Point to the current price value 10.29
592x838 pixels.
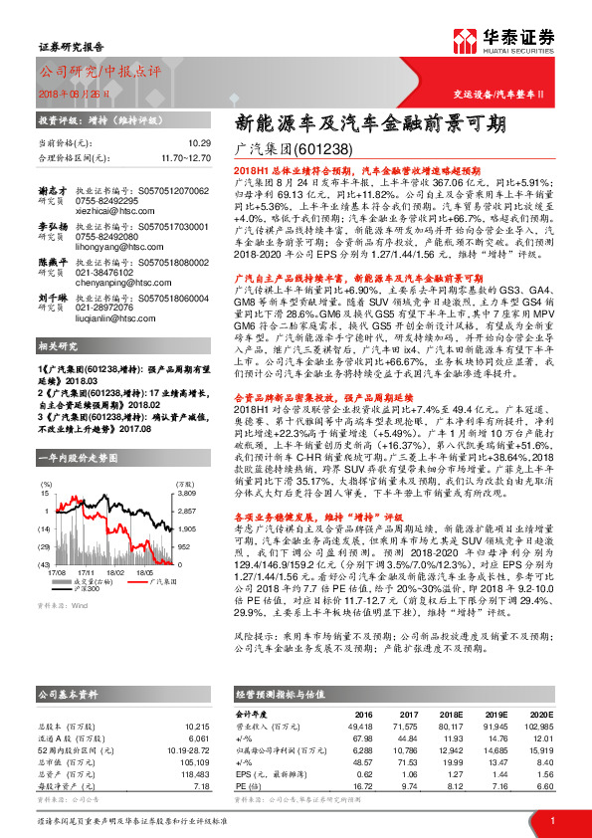199,142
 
